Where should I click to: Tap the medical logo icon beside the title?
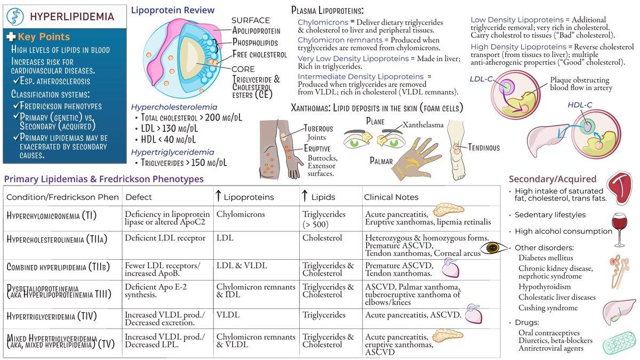(14, 16)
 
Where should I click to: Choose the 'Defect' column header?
(139, 197)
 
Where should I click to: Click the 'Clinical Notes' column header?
(391, 197)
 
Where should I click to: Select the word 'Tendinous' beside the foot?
(483, 148)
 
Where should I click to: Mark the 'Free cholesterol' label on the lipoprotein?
(260, 54)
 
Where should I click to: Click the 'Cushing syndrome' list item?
(548, 308)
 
